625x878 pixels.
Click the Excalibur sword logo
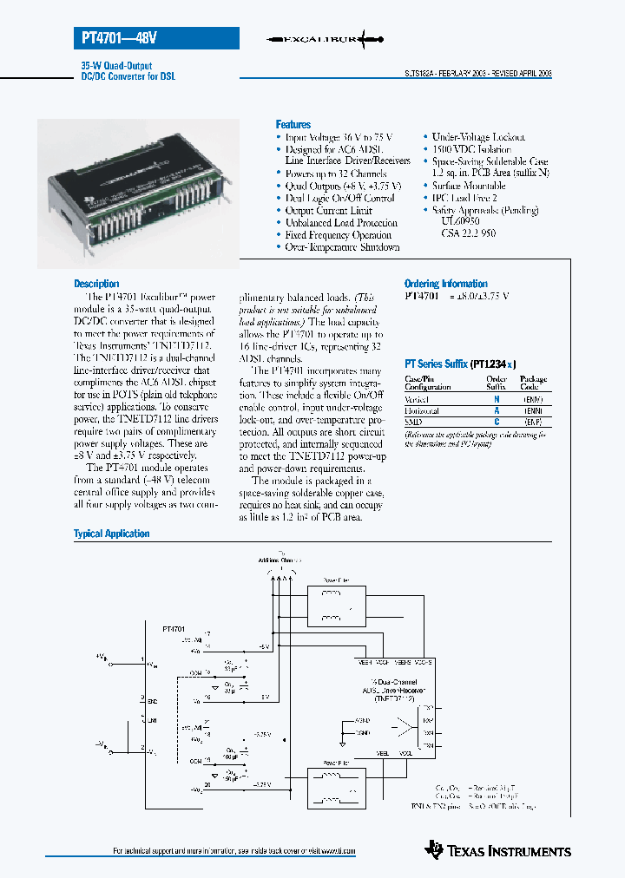323,39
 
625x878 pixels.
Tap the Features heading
293,125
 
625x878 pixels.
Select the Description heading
96,284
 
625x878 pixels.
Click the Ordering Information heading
445,284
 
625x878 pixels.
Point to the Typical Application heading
111,534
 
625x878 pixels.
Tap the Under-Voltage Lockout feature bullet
477,137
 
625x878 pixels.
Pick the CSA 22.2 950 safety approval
469,234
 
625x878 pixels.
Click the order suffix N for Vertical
497,398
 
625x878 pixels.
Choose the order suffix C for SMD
497,422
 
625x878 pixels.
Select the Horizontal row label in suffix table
422,410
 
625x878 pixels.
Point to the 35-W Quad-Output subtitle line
111,66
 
